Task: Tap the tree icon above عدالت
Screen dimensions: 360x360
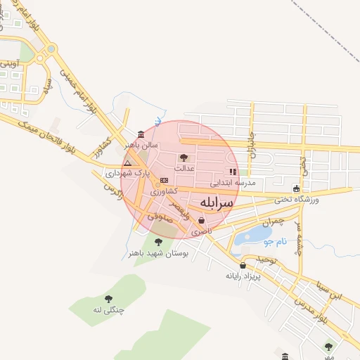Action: [x=184, y=157]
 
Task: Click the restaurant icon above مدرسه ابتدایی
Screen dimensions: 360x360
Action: [x=233, y=172]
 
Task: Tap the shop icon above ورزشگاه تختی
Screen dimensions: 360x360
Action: [x=297, y=188]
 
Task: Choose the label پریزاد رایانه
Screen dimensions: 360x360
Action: [x=243, y=276]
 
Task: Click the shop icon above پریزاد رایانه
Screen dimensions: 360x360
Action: [x=243, y=265]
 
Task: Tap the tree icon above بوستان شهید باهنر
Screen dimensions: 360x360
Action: [x=158, y=242]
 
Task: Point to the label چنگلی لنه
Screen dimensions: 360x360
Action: [x=108, y=309]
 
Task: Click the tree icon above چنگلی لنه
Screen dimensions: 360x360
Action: [x=108, y=299]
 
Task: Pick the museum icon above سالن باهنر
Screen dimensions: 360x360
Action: [x=141, y=134]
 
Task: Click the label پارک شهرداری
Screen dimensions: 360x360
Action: [x=128, y=172]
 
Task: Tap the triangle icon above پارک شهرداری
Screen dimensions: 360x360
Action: [x=127, y=162]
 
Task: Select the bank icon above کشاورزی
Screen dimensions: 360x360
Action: [x=164, y=181]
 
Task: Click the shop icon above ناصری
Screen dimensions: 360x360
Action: [x=202, y=220]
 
